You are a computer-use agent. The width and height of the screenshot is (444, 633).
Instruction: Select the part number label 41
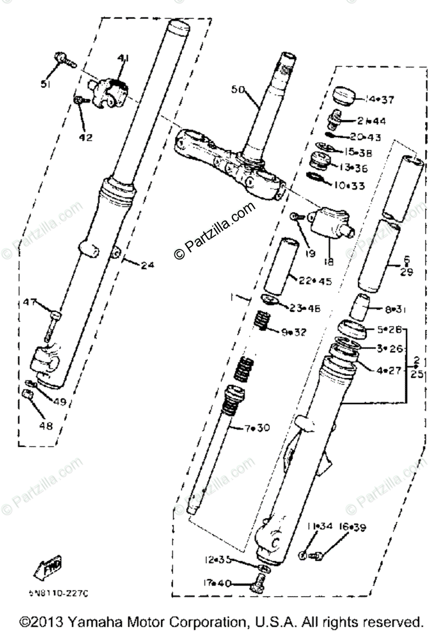click(123, 57)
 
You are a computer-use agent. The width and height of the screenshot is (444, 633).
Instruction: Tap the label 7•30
click(256, 428)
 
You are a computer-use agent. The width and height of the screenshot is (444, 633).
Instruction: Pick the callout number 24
click(147, 265)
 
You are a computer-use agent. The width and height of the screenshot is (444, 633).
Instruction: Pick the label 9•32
click(293, 332)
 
